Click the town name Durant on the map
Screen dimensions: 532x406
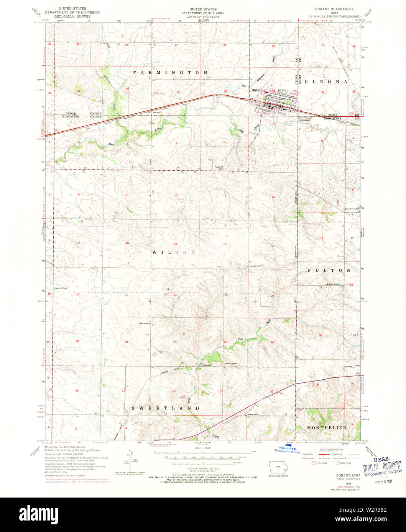pyautogui.click(x=257, y=90)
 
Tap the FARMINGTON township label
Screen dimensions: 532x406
pyautogui.click(x=170, y=72)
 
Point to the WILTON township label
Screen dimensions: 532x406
pyautogui.click(x=174, y=252)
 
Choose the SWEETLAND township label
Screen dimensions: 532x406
pyautogui.click(x=166, y=408)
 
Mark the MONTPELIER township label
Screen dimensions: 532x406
pyautogui.click(x=327, y=427)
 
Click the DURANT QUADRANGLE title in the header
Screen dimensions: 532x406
pyautogui.click(x=329, y=9)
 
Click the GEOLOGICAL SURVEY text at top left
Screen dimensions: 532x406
pyautogui.click(x=72, y=16)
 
